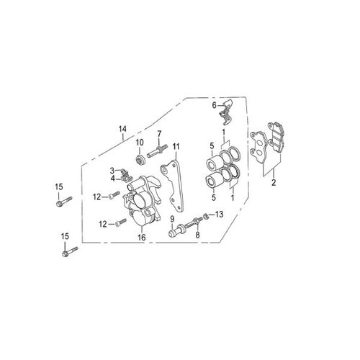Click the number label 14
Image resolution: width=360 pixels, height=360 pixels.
pyautogui.click(x=122, y=130)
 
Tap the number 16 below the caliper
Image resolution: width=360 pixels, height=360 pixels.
pyautogui.click(x=142, y=237)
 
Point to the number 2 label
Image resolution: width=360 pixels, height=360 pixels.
pyautogui.click(x=274, y=183)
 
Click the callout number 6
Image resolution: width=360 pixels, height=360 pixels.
pyautogui.click(x=214, y=104)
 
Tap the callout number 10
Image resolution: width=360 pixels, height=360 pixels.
pyautogui.click(x=140, y=142)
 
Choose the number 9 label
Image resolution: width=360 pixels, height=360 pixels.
pyautogui.click(x=173, y=218)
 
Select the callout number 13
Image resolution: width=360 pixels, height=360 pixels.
pyautogui.click(x=220, y=214)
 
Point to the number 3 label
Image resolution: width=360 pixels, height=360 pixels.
pyautogui.click(x=112, y=171)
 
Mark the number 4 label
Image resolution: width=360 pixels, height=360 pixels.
pyautogui.click(x=112, y=179)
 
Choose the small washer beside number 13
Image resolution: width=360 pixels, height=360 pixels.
pyautogui.click(x=207, y=215)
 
